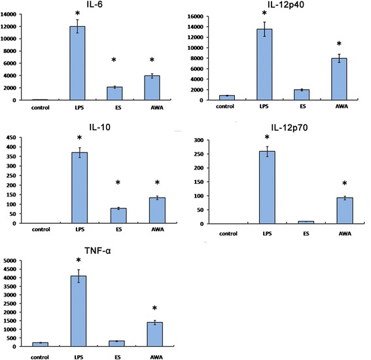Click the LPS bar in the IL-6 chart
78,63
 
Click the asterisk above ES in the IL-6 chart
114,61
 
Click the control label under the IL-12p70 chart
226,232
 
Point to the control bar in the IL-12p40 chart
226,98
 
